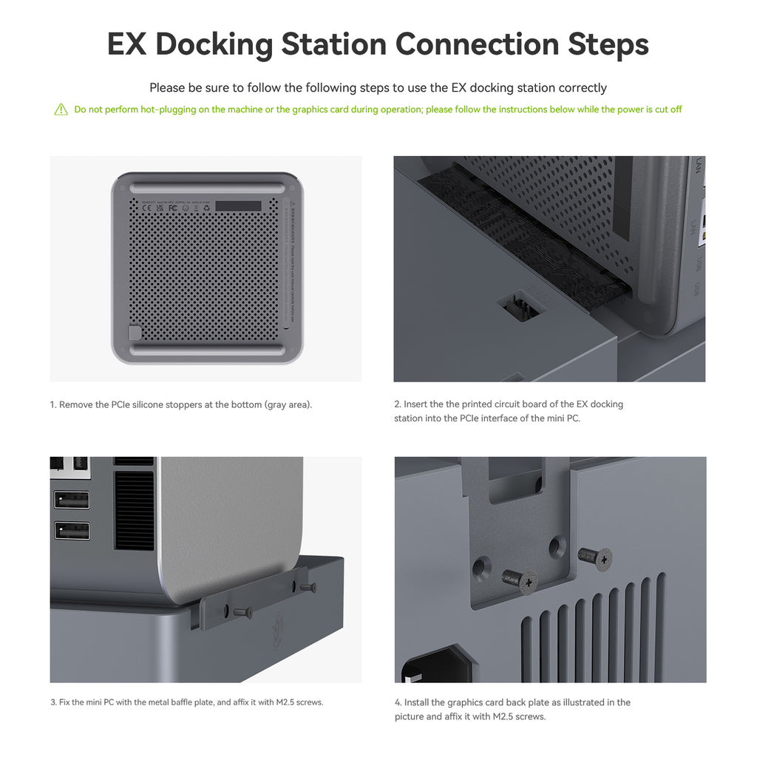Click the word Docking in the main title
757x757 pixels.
214,44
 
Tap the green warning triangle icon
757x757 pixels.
61,110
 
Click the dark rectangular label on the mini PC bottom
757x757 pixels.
234,206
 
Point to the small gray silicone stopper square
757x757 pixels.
135,333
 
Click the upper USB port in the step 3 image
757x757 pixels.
72,500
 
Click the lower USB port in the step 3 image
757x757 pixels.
72,531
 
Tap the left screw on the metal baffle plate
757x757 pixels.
241,611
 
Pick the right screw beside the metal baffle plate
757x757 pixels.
307,587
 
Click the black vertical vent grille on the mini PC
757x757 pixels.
135,510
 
